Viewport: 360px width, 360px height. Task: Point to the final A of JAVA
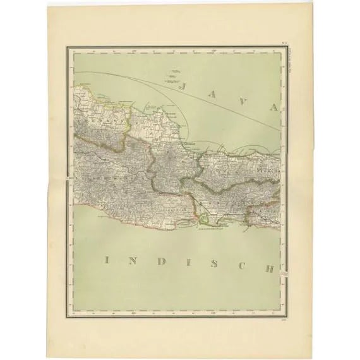[273, 107]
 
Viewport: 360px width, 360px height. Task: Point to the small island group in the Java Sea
[172, 75]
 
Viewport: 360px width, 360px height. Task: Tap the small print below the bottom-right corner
[286, 320]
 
